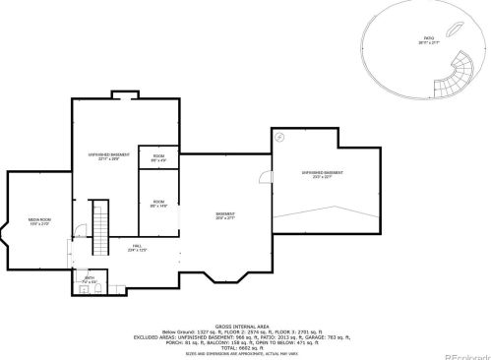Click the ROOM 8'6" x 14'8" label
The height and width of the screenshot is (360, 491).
(x=157, y=205)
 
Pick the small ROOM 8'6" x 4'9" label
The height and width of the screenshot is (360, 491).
(x=157, y=157)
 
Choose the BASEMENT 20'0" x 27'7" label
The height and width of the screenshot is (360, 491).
(x=226, y=215)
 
